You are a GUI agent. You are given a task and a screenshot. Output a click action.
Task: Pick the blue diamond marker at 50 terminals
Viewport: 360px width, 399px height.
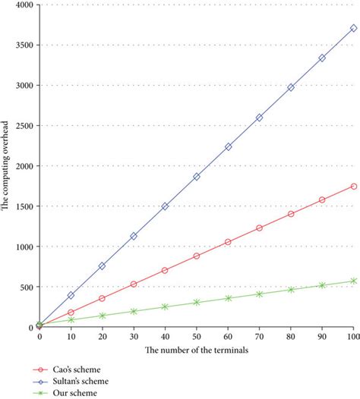coord(197,176)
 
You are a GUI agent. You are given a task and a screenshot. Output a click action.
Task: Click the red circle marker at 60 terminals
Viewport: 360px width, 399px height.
coord(228,242)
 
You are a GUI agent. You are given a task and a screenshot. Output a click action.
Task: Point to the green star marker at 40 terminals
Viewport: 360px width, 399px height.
coord(165,306)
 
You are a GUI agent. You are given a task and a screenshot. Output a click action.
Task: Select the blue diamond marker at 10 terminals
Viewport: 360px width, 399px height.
coord(71,295)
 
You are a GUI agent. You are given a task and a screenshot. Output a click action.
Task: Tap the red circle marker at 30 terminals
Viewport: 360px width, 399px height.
coord(134,284)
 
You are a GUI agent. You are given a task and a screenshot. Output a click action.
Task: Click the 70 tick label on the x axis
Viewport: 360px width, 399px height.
coord(259,335)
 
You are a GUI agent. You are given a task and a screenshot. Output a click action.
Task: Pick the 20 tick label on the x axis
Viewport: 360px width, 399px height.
coord(102,335)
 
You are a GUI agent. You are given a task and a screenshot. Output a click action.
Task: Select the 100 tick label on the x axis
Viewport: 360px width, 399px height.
coord(352,335)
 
